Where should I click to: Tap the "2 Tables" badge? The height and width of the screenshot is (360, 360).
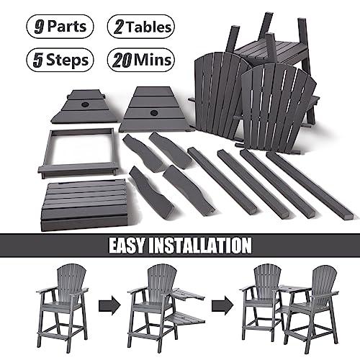pos(141,27)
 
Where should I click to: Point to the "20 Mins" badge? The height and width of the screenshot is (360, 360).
pos(141,59)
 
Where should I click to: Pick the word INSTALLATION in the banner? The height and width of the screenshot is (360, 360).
pos(204,245)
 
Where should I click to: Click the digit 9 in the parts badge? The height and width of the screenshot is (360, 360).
pos(35,27)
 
